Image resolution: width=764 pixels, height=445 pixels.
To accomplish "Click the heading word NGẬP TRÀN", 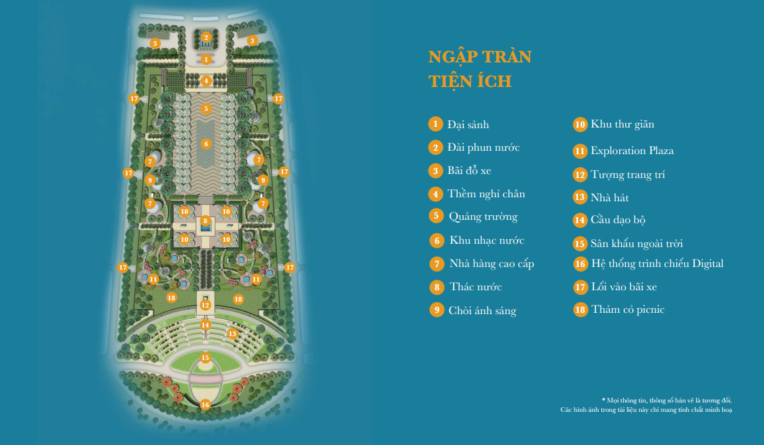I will pyautogui.click(x=480, y=57).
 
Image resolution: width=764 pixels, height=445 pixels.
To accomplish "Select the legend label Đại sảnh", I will pyautogui.click(x=468, y=124).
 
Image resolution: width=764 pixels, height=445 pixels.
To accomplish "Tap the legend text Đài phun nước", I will pyautogui.click(x=483, y=147).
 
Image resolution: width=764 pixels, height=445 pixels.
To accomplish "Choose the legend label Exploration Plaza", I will pyautogui.click(x=632, y=151).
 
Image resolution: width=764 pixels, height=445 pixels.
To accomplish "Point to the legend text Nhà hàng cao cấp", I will pyautogui.click(x=492, y=264).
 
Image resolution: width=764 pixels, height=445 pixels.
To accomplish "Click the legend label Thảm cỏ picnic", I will pyautogui.click(x=628, y=310).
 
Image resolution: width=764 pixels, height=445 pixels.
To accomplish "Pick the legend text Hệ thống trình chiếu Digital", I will pyautogui.click(x=657, y=264).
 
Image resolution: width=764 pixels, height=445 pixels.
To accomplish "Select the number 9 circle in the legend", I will pyautogui.click(x=436, y=310).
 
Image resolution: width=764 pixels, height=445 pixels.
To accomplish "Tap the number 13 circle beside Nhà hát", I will pyautogui.click(x=580, y=197).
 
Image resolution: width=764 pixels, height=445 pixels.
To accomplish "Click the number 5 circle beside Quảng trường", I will pyautogui.click(x=436, y=216).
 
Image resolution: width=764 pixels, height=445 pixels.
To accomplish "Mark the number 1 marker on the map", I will pyautogui.click(x=206, y=59).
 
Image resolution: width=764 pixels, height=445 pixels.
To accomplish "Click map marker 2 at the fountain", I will pyautogui.click(x=206, y=38).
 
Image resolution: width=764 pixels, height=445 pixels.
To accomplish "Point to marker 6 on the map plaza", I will pyautogui.click(x=206, y=143).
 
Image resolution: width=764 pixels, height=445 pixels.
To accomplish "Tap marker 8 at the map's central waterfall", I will pyautogui.click(x=205, y=221).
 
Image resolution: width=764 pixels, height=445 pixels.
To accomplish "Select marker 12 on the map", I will pyautogui.click(x=205, y=306).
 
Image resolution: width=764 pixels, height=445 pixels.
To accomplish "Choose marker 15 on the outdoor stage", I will pyautogui.click(x=205, y=358).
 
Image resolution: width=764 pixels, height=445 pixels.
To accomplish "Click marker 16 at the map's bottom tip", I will pyautogui.click(x=205, y=404).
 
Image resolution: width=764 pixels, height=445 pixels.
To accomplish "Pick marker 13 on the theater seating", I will pyautogui.click(x=232, y=333).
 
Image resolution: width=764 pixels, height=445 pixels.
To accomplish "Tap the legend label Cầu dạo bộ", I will pyautogui.click(x=618, y=220).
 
